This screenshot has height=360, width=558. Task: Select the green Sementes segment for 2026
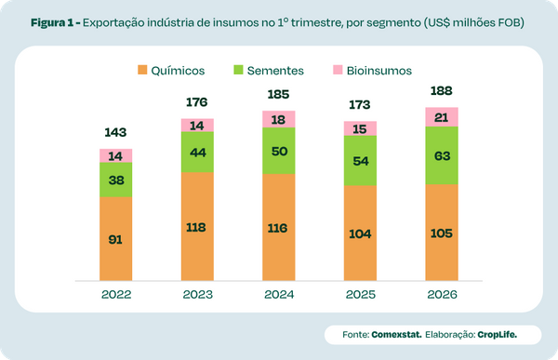pyautogui.click(x=441, y=154)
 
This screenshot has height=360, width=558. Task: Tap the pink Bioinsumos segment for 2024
pyautogui.click(x=279, y=118)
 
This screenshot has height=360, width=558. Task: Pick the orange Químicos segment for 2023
pyautogui.click(x=197, y=228)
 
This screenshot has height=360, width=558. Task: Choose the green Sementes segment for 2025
pyautogui.click(x=360, y=160)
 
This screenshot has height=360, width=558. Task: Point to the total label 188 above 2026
pyautogui.click(x=441, y=91)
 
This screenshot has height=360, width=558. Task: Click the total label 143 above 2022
pyautogui.click(x=116, y=133)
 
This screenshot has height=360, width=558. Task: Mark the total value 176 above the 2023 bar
pyautogui.click(x=197, y=102)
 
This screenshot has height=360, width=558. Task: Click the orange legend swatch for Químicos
pyautogui.click(x=142, y=70)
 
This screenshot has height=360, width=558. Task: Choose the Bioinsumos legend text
pyautogui.click(x=379, y=70)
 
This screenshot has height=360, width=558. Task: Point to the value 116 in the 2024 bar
pyautogui.click(x=279, y=227)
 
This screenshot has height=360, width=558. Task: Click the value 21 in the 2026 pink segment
pyautogui.click(x=441, y=116)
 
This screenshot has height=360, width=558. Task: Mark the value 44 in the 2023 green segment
pyautogui.click(x=197, y=151)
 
